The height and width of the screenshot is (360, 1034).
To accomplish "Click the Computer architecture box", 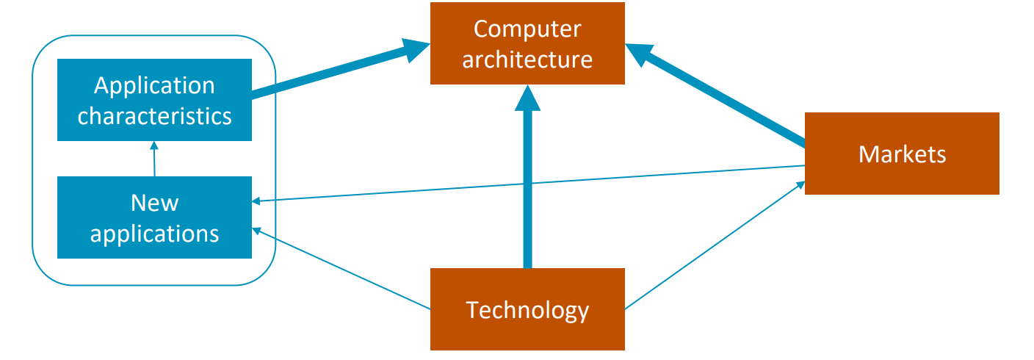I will click(527, 43).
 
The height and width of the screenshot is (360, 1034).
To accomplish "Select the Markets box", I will click(902, 154).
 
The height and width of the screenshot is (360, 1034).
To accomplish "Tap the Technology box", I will click(527, 309).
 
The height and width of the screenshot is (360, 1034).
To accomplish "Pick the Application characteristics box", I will click(154, 100).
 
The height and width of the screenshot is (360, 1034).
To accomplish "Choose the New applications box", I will click(154, 217).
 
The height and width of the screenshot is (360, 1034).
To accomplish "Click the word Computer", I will click(527, 29).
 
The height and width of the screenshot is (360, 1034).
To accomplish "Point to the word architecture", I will click(527, 59).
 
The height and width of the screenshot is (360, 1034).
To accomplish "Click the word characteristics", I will click(154, 115).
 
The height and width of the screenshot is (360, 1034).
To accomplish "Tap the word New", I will click(154, 202).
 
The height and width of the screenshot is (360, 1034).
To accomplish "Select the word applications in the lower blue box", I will click(154, 234).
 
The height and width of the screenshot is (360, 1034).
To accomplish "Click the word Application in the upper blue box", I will click(154, 85).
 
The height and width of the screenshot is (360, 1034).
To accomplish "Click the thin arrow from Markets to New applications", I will click(529, 183).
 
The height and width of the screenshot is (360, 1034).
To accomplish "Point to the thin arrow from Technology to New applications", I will click(341, 268).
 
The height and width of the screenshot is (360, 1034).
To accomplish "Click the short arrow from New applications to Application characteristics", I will click(154, 159).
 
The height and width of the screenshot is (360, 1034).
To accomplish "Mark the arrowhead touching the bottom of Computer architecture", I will click(527, 98).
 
